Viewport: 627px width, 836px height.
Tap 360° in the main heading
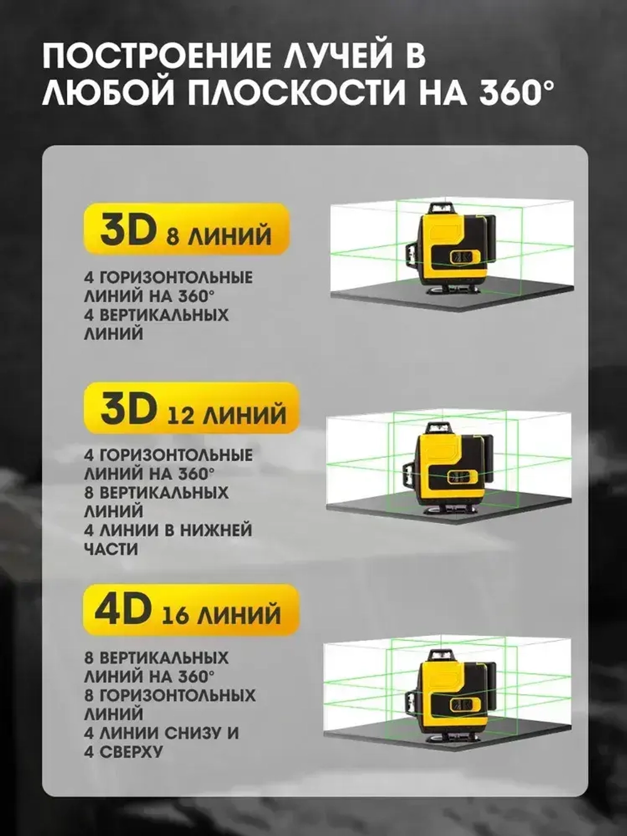[517, 93]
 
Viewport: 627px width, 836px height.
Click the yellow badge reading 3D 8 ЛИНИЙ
[186, 229]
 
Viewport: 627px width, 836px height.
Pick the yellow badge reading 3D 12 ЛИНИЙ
[191, 408]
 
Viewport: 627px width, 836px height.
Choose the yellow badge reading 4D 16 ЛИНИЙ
[189, 610]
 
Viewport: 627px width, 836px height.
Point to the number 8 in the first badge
[172, 236]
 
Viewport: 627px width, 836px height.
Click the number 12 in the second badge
[181, 415]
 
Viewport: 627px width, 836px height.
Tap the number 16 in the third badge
[175, 615]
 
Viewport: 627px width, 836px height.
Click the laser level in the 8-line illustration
[449, 246]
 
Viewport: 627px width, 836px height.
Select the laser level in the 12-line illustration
[446, 465]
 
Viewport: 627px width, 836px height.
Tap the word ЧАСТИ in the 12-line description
[111, 549]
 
